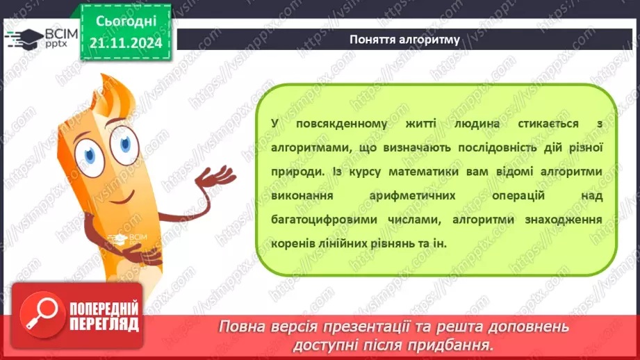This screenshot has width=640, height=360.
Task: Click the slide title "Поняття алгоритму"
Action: click(404, 40)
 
